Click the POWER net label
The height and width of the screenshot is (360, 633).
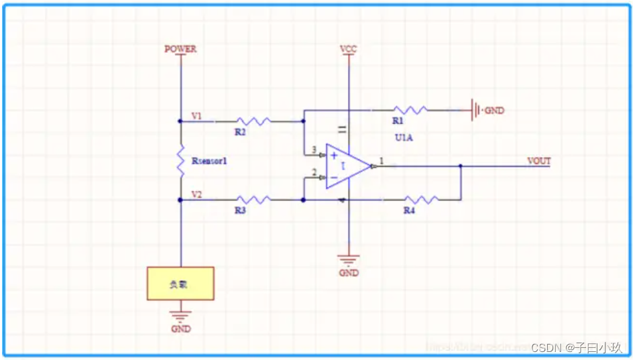tap(180, 49)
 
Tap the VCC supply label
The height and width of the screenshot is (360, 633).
tap(348, 49)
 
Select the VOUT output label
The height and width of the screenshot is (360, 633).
tap(538, 161)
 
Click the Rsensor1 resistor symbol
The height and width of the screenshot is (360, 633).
tap(180, 160)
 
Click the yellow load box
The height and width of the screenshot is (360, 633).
tap(180, 283)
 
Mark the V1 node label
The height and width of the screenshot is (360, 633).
tap(196, 115)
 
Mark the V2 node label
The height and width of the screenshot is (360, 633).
tap(196, 194)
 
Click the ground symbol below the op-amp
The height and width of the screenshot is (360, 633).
tap(348, 259)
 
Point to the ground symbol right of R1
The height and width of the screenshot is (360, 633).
tap(475, 110)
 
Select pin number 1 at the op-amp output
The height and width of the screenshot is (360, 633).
tap(382, 161)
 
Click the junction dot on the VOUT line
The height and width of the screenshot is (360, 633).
tap(460, 166)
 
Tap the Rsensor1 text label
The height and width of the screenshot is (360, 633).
tap(209, 161)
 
